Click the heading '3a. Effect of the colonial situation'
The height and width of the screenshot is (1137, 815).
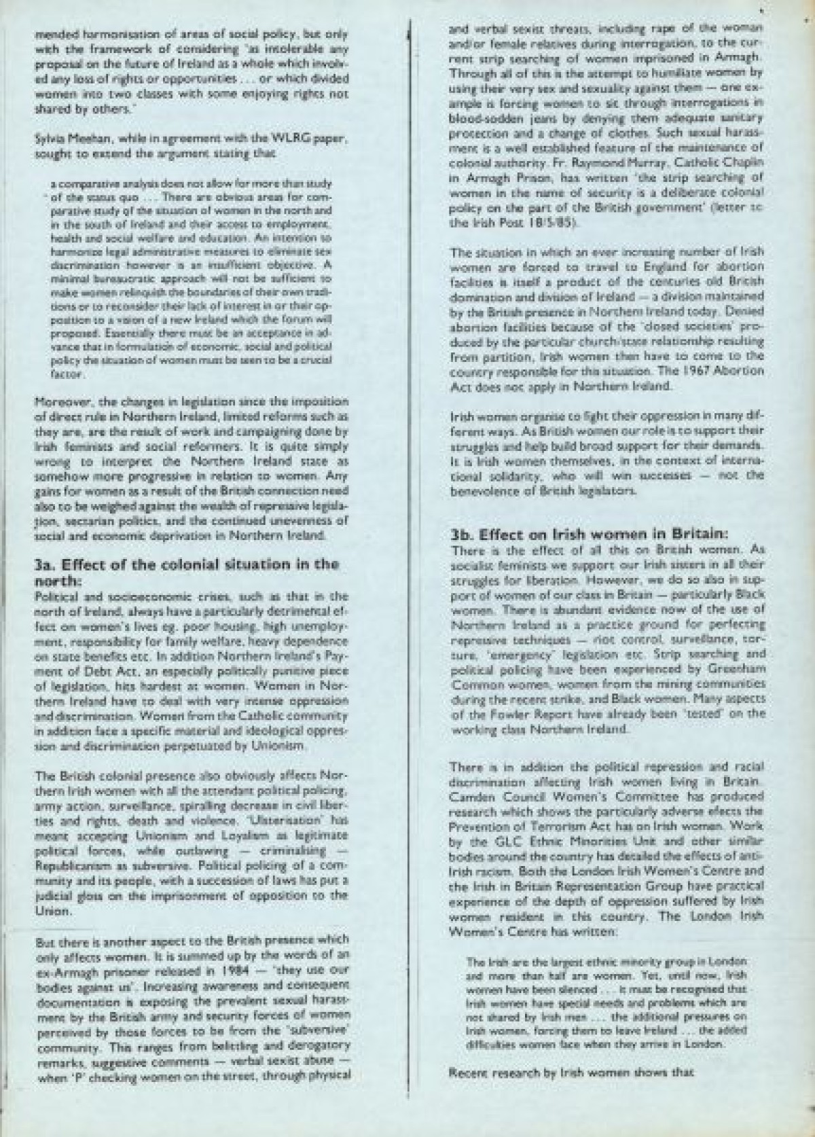pos(186,564)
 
